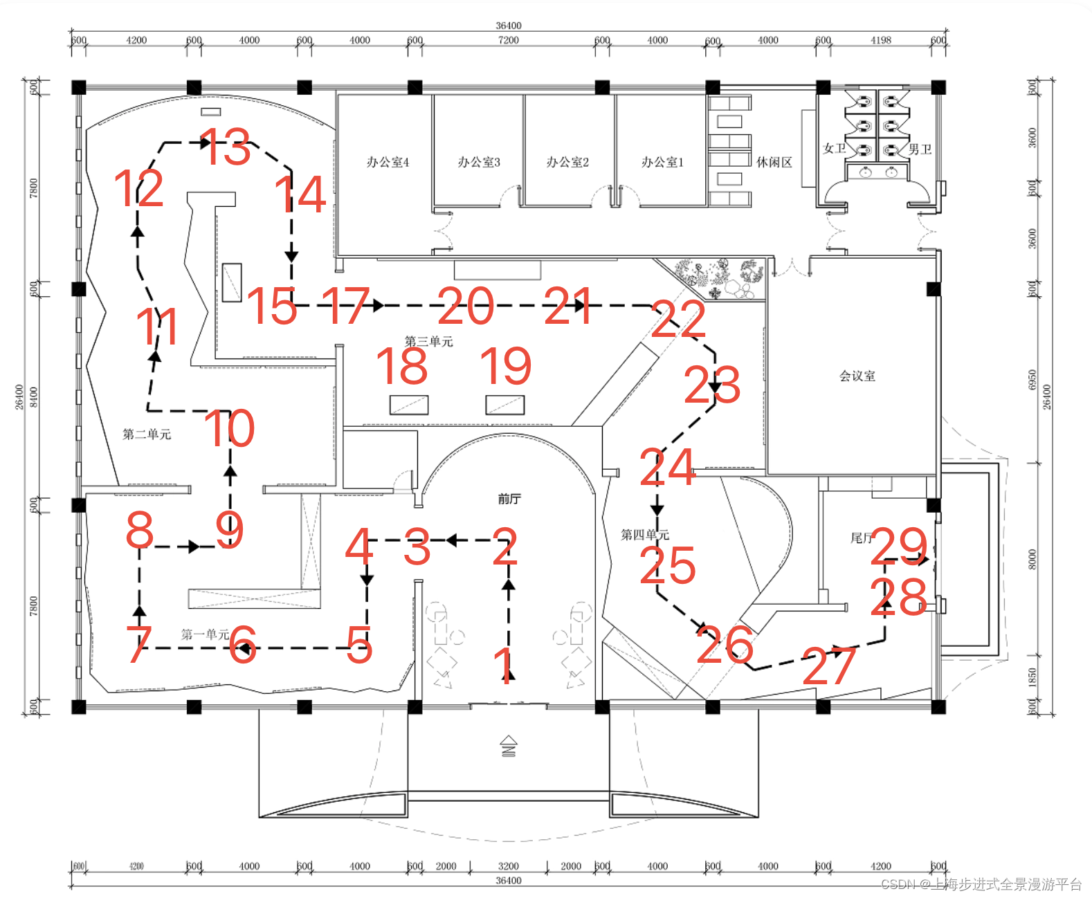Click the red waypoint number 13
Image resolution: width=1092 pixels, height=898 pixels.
pos(226,147)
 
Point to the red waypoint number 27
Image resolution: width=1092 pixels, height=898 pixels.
pos(829,666)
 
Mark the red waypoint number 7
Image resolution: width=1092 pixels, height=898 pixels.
pos(139,644)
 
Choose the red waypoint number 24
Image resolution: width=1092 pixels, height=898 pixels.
pos(667,467)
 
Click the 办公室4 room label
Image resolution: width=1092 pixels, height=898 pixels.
pos(388,162)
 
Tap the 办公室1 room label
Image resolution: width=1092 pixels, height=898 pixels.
pos(662,162)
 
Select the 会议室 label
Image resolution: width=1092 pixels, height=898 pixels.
pos(857,376)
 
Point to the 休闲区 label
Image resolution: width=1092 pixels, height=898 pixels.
pos(774,162)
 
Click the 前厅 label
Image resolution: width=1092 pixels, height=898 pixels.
pos(509,498)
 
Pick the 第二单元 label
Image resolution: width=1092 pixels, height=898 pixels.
pos(147,434)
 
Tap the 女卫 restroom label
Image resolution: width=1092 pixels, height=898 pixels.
pos(834,148)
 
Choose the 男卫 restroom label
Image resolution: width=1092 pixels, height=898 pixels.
pos(920,149)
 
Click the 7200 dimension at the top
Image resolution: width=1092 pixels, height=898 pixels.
pos(508,40)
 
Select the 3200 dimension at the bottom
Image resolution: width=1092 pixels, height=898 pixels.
pos(508,866)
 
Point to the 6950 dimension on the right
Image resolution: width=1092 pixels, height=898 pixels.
pos(1032,379)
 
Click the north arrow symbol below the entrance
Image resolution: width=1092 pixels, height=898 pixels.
pos(509,746)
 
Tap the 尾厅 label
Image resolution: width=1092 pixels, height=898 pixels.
pos(861,538)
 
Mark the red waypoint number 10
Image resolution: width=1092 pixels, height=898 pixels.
pos(230,428)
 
